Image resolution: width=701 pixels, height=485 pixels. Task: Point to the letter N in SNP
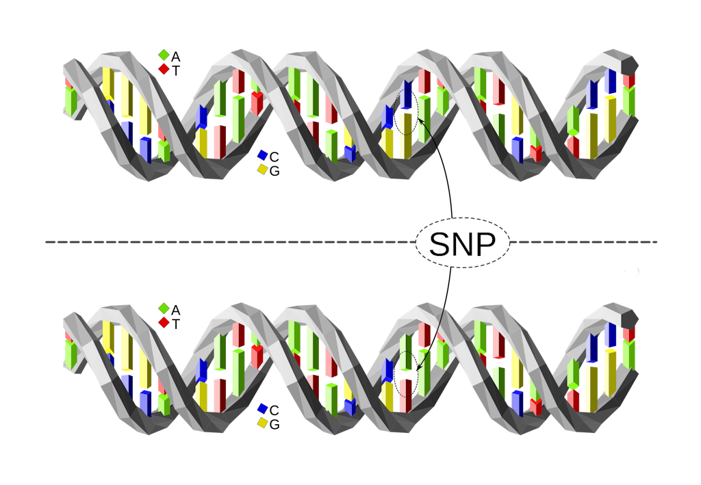(x=463, y=244)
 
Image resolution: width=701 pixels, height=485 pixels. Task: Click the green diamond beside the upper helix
(x=164, y=55)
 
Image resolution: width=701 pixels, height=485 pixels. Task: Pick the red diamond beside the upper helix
(x=164, y=68)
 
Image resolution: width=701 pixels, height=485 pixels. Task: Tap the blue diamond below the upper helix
(x=262, y=155)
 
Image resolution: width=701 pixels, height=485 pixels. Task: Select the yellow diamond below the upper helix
(x=262, y=169)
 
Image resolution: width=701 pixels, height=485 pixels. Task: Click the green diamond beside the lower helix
(x=164, y=309)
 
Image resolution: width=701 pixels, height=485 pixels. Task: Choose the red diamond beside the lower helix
(x=164, y=322)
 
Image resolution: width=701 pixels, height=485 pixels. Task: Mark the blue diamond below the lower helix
(x=262, y=409)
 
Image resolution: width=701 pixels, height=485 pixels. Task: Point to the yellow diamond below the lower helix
(x=262, y=423)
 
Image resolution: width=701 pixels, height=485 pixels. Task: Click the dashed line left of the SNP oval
(x=226, y=242)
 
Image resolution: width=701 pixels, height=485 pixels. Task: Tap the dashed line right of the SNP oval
(x=582, y=242)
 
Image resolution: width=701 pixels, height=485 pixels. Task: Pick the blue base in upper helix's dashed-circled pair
(x=407, y=96)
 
